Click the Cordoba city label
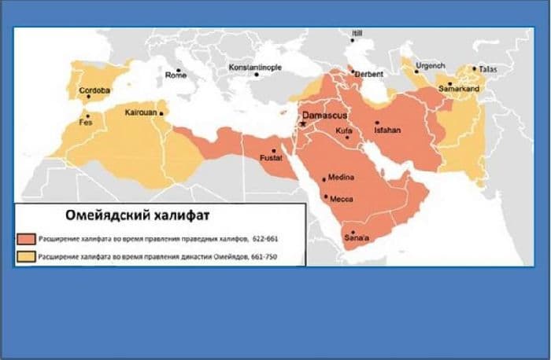(95, 91)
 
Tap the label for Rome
(177, 75)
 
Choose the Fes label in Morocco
(87, 123)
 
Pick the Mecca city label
(341, 198)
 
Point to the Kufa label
(343, 130)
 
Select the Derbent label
(369, 74)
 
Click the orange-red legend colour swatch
(25, 237)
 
